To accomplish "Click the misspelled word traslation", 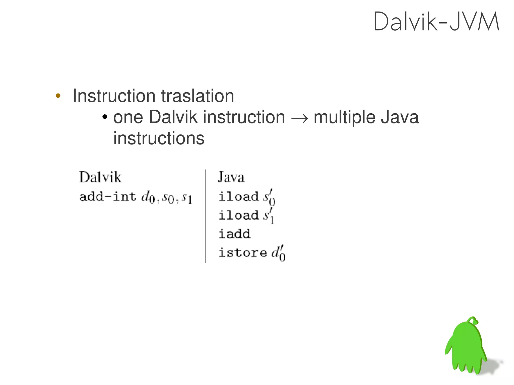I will pyautogui.click(x=197, y=96).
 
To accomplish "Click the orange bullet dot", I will pyautogui.click(x=58, y=96).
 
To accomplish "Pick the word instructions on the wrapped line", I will pyautogui.click(x=159, y=138).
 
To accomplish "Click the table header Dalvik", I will pyautogui.click(x=100, y=177).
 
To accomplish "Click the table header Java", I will pyautogui.click(x=231, y=177).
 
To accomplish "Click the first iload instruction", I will pyautogui.click(x=238, y=196).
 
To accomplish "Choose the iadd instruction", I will pyautogui.click(x=234, y=234).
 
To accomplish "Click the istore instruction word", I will pyautogui.click(x=242, y=252).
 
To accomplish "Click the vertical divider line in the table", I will pyautogui.click(x=206, y=216).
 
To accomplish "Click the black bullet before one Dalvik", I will pyautogui.click(x=105, y=117).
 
